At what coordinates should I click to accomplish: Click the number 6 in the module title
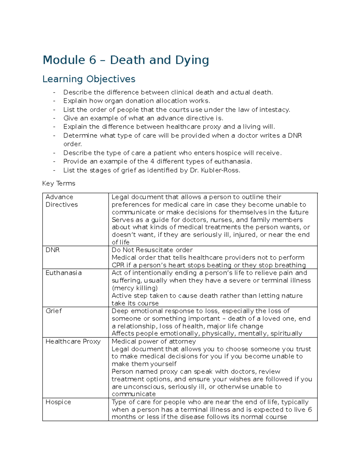pos(92,60)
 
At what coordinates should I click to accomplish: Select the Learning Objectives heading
pos(89,79)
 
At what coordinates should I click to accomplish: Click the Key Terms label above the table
pos(59,183)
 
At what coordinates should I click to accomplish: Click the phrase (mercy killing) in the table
pos(135,288)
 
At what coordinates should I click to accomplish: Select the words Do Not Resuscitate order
pos(152,250)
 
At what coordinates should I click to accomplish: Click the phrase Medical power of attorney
pos(154,341)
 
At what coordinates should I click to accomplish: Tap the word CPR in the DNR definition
pos(118,265)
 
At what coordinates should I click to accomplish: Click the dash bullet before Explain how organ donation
pos(54,101)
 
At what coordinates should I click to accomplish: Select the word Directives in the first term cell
pos(61,205)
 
